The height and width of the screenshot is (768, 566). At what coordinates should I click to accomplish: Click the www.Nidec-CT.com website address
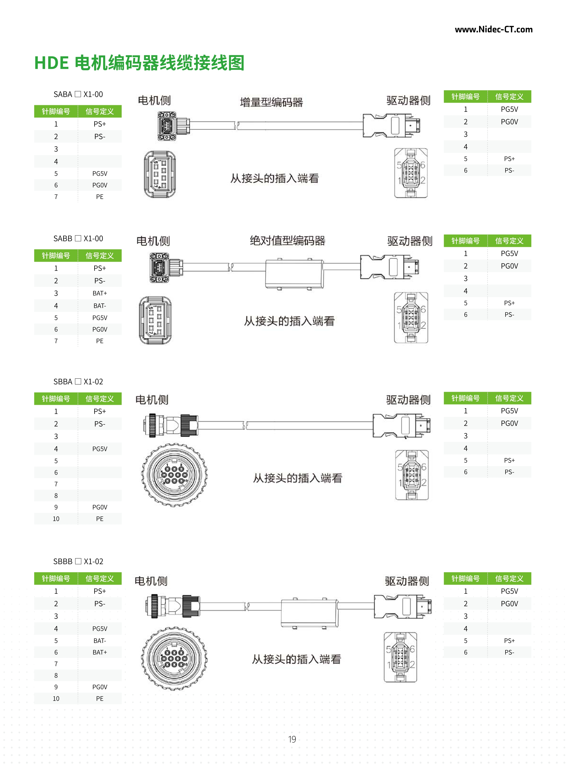(x=493, y=29)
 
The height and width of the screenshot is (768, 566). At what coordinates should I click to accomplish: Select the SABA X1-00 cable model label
(x=78, y=94)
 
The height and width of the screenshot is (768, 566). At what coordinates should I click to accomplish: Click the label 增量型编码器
(x=271, y=102)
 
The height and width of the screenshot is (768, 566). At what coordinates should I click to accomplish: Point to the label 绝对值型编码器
(x=288, y=241)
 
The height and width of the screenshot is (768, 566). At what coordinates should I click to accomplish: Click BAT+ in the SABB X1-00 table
(x=100, y=293)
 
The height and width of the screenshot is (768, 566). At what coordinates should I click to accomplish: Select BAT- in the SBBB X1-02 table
(x=100, y=641)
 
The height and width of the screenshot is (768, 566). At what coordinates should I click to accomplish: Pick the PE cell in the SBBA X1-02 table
(x=100, y=519)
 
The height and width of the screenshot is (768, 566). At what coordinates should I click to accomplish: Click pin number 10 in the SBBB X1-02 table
(x=56, y=698)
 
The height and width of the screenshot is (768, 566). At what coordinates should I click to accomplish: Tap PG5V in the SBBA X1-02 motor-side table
(x=100, y=449)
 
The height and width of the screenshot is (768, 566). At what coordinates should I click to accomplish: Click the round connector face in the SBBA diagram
(x=174, y=475)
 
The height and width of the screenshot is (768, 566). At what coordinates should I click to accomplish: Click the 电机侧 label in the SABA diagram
(x=154, y=100)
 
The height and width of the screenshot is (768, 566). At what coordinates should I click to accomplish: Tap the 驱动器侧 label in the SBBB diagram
(x=407, y=581)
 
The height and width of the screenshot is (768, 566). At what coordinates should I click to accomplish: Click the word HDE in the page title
(x=51, y=63)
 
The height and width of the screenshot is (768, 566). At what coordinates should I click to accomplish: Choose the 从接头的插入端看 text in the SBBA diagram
(x=297, y=478)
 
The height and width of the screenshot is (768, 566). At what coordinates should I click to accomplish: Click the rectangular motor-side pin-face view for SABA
(x=160, y=174)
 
